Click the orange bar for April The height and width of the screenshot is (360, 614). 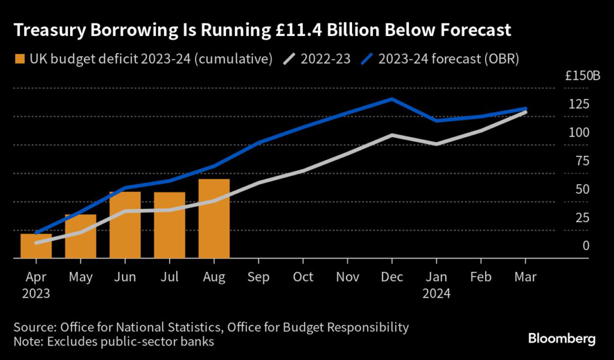coord(36,246)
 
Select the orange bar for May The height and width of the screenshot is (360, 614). coord(80,236)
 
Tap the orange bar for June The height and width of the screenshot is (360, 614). coord(125,225)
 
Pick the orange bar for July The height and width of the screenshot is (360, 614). coord(169,226)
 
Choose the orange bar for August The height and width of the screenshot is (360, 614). coord(214,219)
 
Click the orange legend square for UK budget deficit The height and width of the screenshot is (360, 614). coord(20,59)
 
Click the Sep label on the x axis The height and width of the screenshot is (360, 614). coord(258,277)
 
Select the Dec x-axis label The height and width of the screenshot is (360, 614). coord(392,277)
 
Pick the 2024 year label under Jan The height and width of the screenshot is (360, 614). coord(437,294)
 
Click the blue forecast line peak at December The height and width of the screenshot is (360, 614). coord(392,99)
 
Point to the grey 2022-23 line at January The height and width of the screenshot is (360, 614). coord(437,144)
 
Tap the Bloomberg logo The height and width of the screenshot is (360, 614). coord(562,339)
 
